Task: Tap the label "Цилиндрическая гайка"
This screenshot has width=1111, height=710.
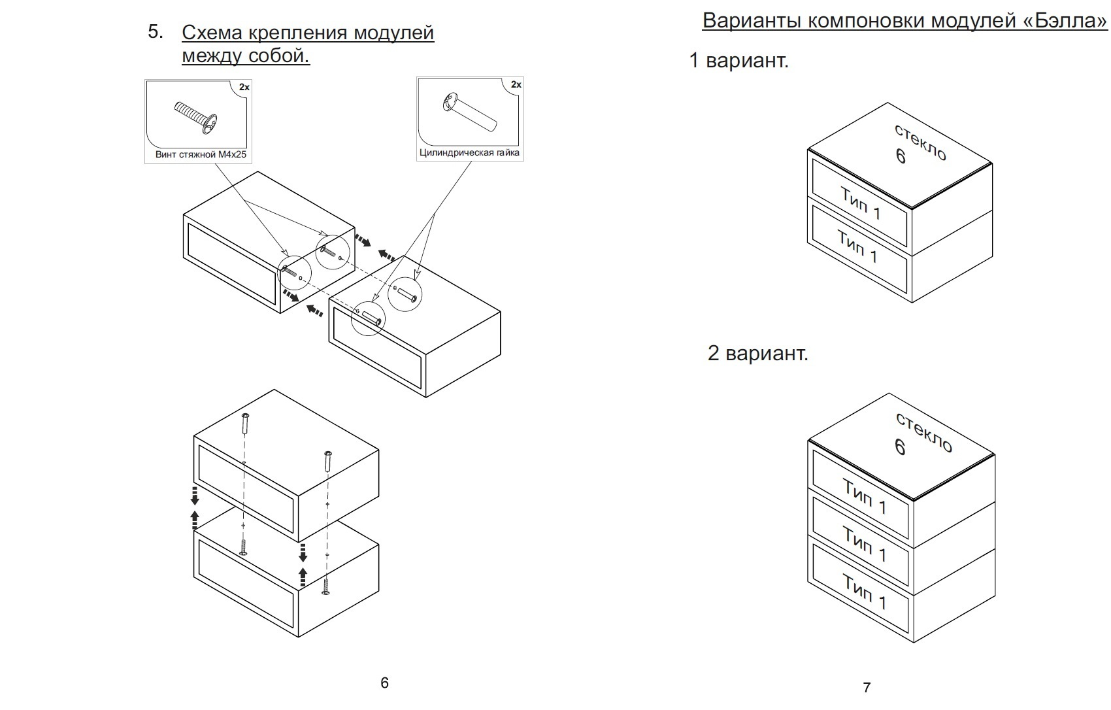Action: [469, 153]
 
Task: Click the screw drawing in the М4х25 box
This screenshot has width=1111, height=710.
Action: [197, 118]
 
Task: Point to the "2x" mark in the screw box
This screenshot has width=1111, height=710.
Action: [244, 87]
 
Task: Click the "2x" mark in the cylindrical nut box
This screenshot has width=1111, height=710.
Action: [516, 84]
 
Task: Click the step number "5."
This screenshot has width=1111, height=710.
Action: [156, 31]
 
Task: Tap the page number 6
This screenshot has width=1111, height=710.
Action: [384, 683]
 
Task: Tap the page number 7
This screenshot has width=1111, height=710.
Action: [867, 687]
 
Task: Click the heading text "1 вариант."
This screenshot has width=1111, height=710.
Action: [739, 61]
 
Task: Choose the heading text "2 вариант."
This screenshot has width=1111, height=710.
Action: [758, 353]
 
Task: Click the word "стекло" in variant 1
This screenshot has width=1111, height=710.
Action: [921, 142]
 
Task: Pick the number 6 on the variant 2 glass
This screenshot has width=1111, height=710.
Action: [900, 447]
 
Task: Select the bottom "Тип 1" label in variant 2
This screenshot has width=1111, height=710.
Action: [863, 592]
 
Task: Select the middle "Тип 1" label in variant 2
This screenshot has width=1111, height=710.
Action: [864, 544]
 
